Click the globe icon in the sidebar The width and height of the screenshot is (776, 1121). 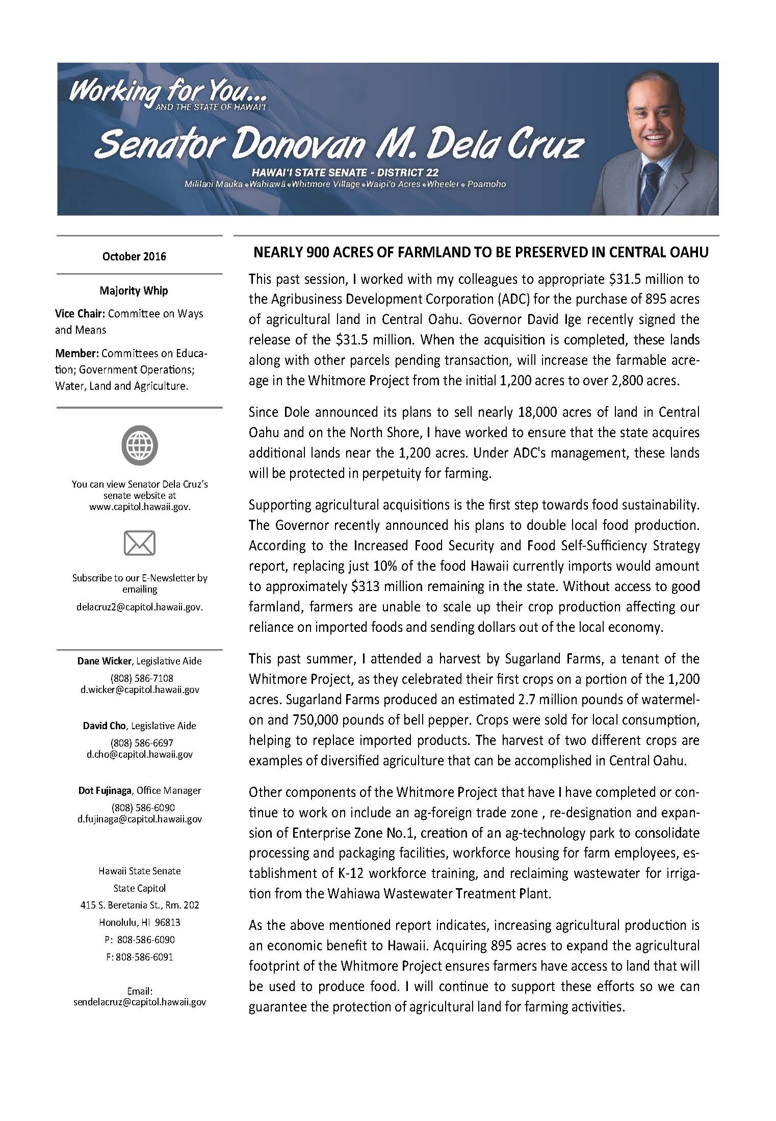[139, 445]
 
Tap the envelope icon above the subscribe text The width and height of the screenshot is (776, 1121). [139, 543]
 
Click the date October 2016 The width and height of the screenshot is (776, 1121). [134, 256]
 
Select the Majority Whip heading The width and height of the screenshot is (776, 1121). [134, 291]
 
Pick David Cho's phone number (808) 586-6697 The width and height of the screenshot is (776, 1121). [139, 742]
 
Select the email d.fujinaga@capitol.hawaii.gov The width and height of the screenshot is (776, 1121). [139, 819]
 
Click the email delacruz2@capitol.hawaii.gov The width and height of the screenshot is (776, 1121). [139, 607]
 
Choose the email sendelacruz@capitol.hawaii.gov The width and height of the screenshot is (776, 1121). [139, 1001]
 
